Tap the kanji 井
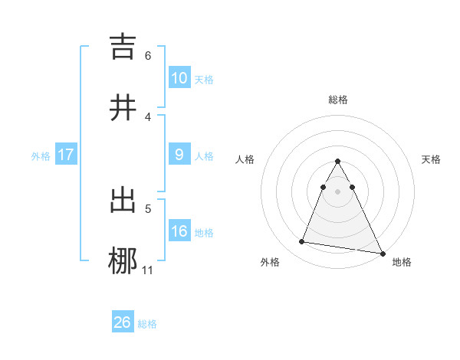(123, 107)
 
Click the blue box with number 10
(179, 78)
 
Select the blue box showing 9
(179, 155)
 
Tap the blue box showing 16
(179, 231)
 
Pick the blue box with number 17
(66, 155)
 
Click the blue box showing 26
(123, 322)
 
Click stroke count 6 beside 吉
(148, 56)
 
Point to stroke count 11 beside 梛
(148, 270)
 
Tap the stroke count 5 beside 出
(148, 208)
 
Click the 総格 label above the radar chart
(338, 100)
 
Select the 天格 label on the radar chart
(432, 159)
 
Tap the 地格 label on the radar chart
(402, 262)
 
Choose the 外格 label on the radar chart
(270, 262)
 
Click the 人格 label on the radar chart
(245, 159)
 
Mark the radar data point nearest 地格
(382, 254)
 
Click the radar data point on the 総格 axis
(338, 162)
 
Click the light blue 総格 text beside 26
(148, 323)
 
